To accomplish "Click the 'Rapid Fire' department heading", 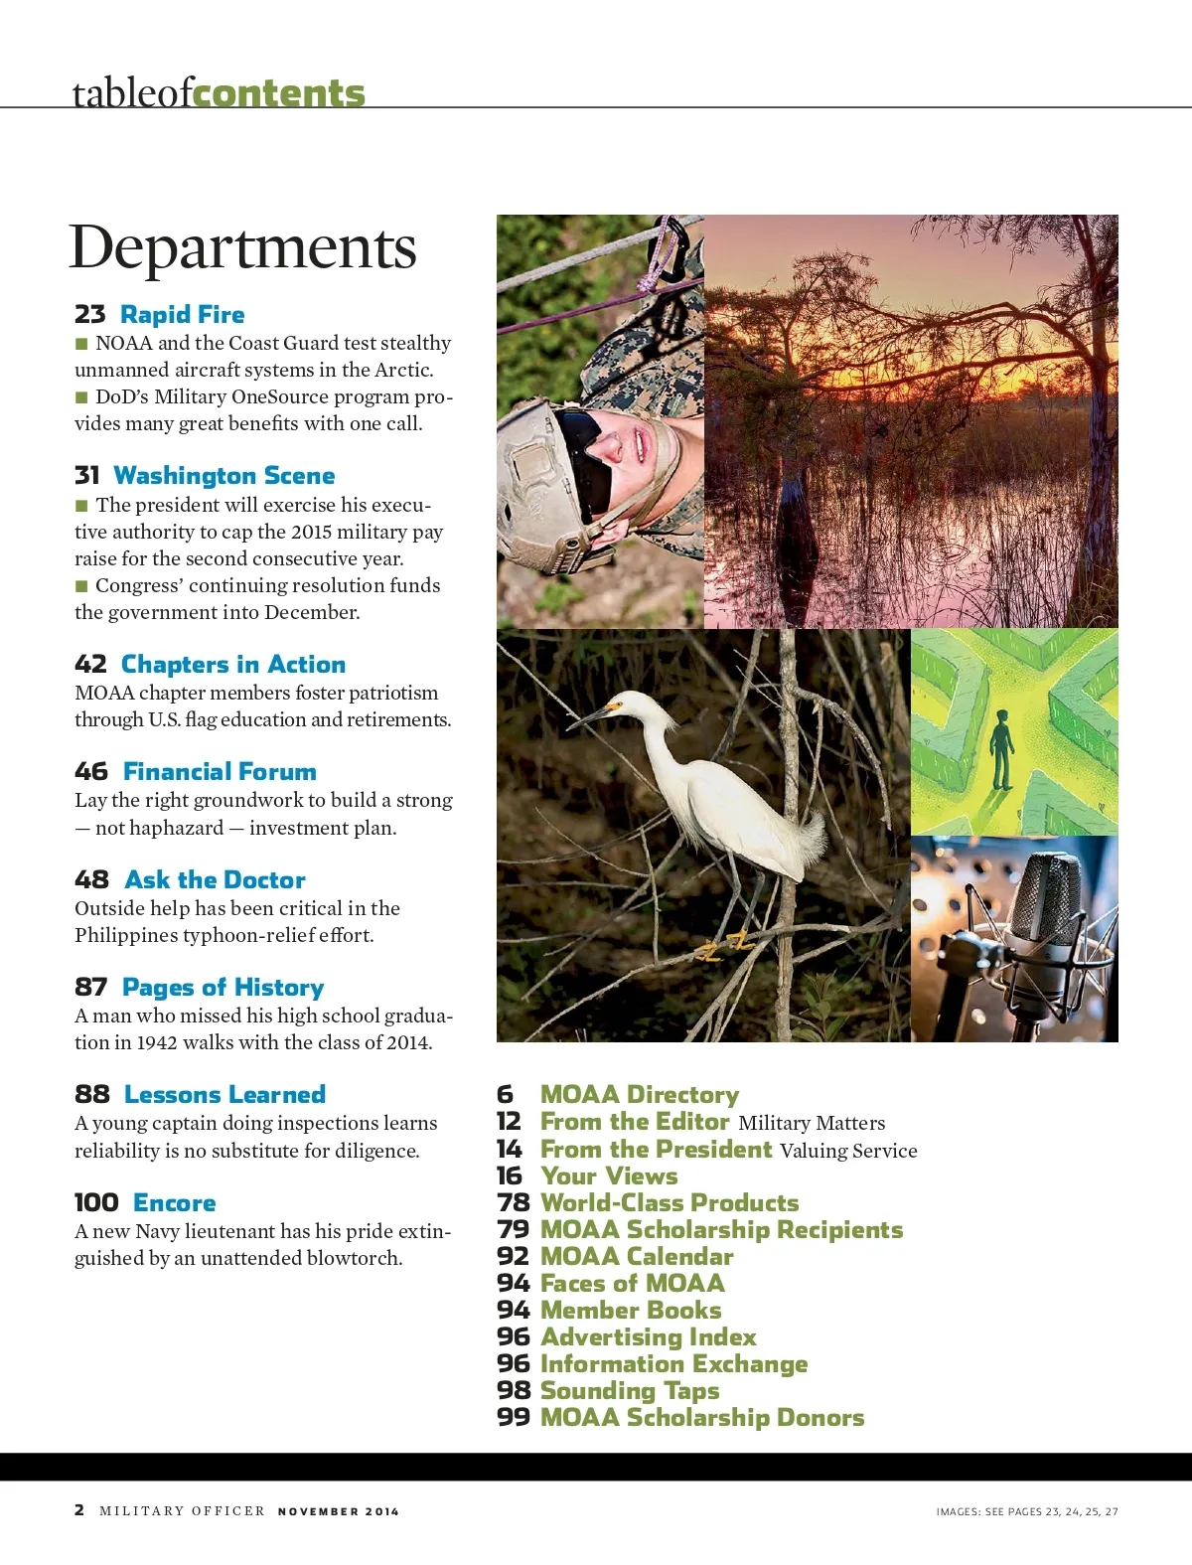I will tap(182, 315).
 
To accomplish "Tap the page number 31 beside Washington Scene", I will tap(87, 476).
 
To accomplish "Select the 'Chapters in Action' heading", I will tap(233, 665).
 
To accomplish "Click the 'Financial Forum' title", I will tap(220, 772).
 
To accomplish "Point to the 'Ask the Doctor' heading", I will tap(215, 880).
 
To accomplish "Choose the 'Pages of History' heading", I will tap(223, 988).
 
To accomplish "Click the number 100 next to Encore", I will tap(96, 1203).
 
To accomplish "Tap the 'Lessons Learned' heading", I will tap(224, 1095).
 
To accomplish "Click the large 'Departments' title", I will tap(242, 247).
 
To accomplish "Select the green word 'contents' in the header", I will tap(279, 93).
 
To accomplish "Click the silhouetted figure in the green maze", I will tap(1000, 748).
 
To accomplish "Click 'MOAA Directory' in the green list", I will tap(640, 1095).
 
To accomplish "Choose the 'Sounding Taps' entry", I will tap(630, 1391).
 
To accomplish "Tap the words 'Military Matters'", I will tap(812, 1123).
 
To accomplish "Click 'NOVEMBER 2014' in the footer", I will tap(338, 1511).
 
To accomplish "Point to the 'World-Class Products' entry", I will tap(670, 1203).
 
